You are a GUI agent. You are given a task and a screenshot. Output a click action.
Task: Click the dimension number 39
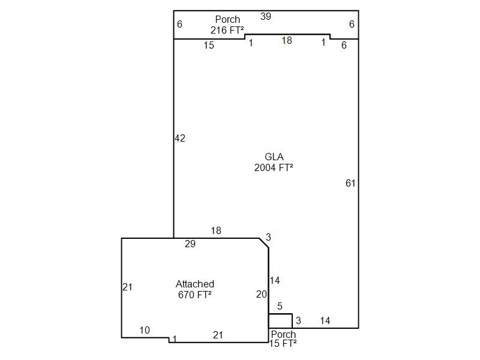[x=266, y=16]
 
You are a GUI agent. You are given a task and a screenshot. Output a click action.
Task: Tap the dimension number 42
[x=180, y=139]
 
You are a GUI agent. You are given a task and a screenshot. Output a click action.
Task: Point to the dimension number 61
[x=350, y=183]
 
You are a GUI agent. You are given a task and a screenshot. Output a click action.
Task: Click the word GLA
[x=274, y=157]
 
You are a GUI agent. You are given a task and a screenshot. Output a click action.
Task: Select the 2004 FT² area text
[x=274, y=167]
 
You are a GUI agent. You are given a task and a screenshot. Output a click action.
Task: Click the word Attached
[x=194, y=284]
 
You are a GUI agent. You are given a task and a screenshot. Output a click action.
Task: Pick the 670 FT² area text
[x=194, y=295]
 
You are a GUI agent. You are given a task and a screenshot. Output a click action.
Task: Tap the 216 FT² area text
[x=227, y=30]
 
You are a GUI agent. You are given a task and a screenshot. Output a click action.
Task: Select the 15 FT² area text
[x=283, y=343]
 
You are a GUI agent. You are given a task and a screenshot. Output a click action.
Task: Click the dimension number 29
[x=190, y=244]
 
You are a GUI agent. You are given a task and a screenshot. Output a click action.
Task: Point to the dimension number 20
[x=262, y=294]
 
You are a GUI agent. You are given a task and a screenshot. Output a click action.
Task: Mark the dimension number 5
[x=280, y=306]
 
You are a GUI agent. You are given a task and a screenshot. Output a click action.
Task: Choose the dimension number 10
[x=145, y=330]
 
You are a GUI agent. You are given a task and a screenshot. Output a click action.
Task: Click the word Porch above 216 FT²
[x=227, y=19]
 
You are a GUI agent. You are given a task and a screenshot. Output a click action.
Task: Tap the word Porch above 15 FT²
[x=283, y=334]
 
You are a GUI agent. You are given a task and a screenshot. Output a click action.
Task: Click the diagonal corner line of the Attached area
[x=264, y=243]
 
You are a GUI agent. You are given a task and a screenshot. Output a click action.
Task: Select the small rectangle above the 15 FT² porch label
[x=280, y=314]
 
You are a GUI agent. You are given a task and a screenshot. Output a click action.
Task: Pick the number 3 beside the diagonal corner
[x=268, y=237]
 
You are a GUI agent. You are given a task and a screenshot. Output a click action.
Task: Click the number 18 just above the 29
[x=216, y=230]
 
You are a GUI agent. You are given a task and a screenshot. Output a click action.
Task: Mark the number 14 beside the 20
[x=275, y=280]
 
